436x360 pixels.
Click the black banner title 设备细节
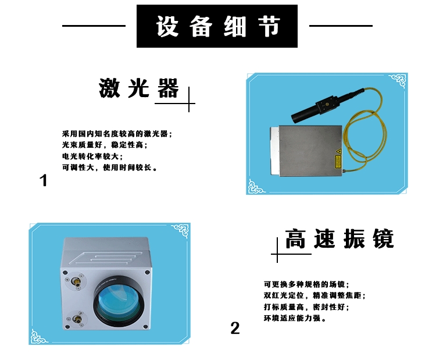217,26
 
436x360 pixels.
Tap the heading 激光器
139,88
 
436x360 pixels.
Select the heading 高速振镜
339,238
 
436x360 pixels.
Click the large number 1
43,180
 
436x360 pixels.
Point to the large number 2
235,328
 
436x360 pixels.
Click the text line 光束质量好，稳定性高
105,145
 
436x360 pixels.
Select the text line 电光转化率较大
92,156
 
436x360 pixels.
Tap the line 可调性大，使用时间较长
109,167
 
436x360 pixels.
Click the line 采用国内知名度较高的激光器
117,134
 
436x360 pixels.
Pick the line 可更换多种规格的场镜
306,284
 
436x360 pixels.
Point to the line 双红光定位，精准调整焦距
315,295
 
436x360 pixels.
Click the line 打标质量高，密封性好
306,307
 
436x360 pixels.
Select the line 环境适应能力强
295,318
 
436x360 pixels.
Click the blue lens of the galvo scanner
120,304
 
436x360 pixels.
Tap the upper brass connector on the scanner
76,281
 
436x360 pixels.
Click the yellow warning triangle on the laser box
338,151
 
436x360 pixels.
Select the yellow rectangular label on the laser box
338,162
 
